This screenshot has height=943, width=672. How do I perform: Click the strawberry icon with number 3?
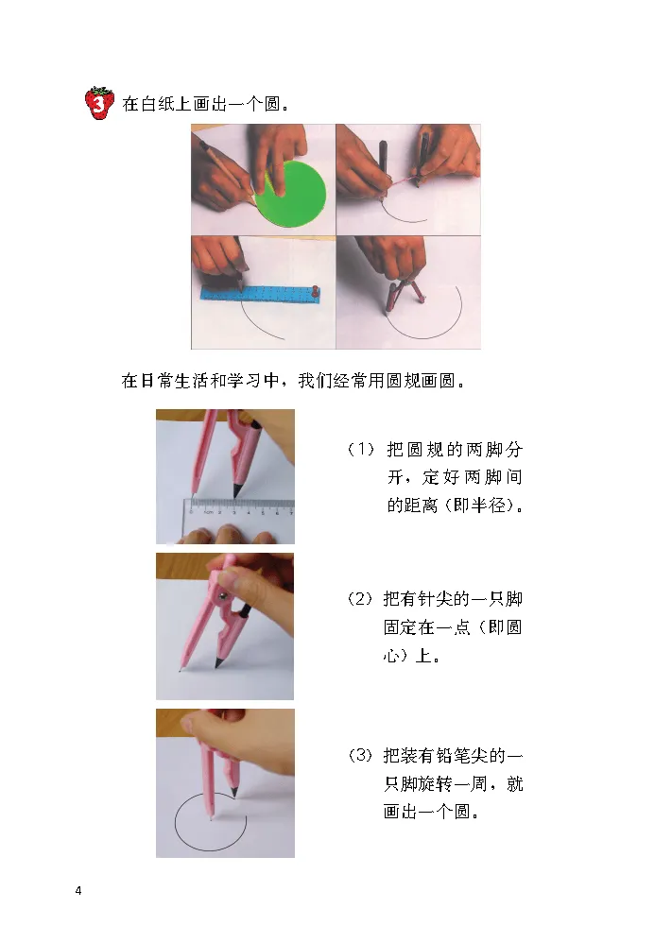99,103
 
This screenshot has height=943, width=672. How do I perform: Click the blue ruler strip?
260,292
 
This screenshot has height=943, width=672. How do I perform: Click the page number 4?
78,890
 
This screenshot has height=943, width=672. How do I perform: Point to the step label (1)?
362,449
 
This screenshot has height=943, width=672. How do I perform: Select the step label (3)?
361,755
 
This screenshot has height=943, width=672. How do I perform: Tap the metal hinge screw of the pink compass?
223,595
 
